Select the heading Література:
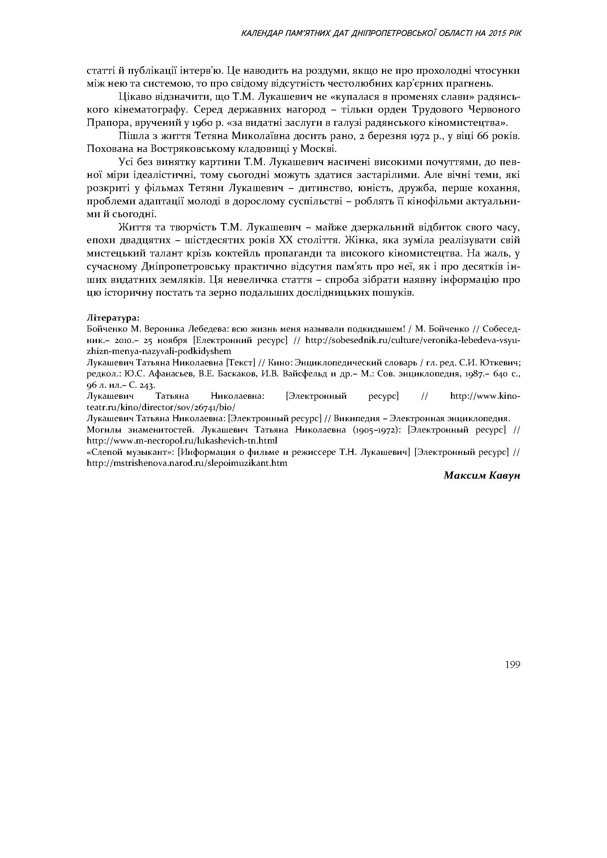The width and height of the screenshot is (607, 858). tap(113, 318)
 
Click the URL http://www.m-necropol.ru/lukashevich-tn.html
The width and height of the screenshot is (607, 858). tap(182, 441)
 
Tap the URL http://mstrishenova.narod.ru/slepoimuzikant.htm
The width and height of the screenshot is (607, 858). tap(187, 463)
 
